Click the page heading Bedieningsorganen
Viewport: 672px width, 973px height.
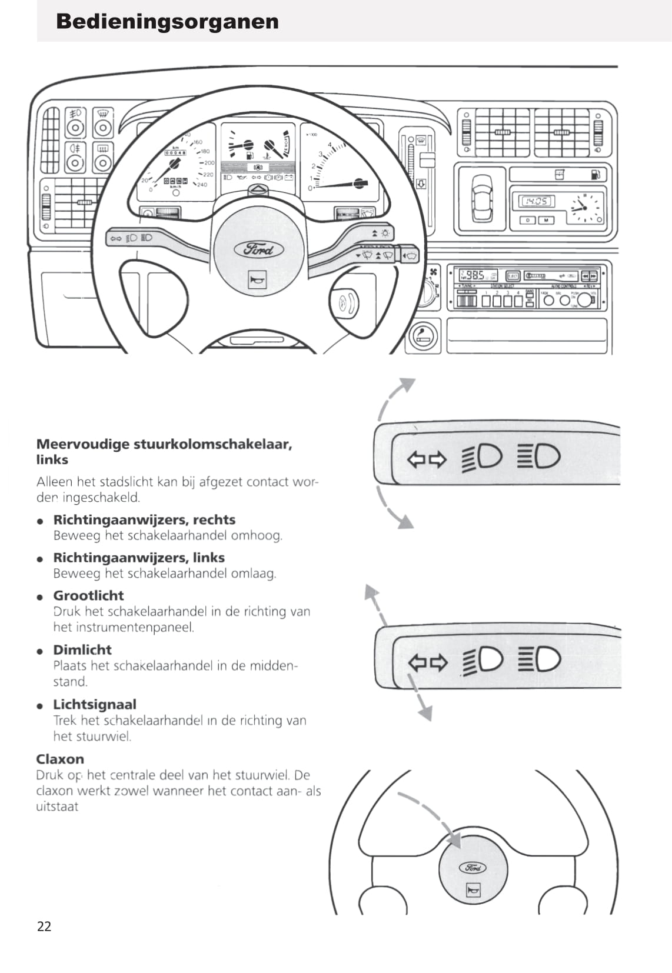[x=167, y=22]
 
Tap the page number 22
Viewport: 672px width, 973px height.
[x=44, y=927]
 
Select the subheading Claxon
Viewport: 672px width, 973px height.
[x=60, y=759]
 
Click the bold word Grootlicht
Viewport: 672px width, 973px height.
[x=88, y=595]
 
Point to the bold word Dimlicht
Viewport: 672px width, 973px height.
[x=82, y=649]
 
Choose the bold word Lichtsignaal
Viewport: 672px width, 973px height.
[x=95, y=704]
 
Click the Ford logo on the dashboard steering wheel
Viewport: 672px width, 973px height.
[x=259, y=249]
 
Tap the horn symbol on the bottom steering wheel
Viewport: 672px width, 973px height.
[x=473, y=890]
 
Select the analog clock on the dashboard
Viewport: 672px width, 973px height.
[x=584, y=207]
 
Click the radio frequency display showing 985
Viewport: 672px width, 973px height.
[x=474, y=275]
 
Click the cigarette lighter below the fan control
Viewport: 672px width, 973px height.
[x=423, y=337]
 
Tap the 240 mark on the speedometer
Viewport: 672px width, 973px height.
[x=202, y=185]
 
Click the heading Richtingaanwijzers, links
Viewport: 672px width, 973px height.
[x=139, y=558]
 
